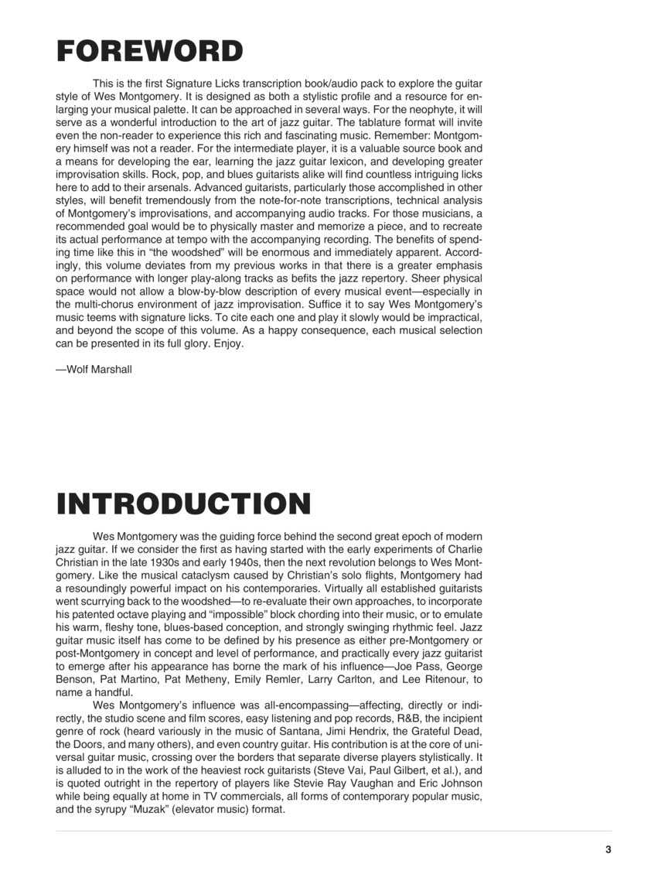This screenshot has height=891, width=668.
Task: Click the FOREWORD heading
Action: pos(150,52)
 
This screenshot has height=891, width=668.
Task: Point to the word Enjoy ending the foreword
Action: pos(228,344)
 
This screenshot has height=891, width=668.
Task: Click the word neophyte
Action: pos(394,110)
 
